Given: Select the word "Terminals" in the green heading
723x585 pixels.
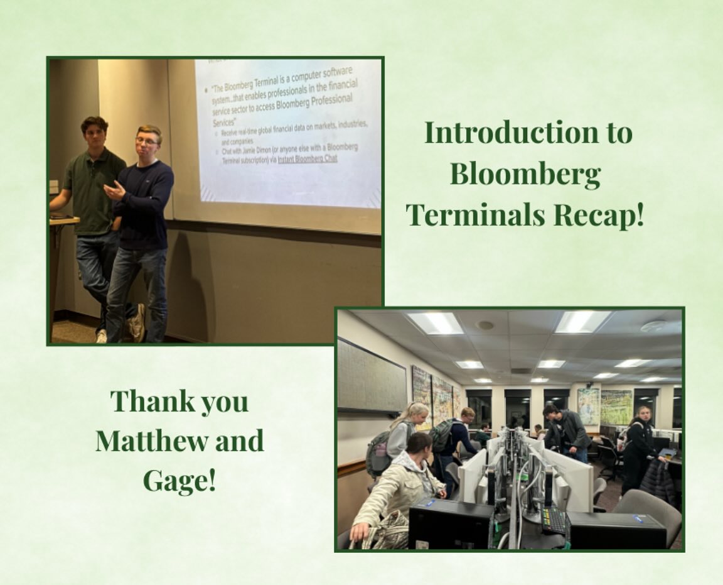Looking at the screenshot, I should pyautogui.click(x=476, y=216).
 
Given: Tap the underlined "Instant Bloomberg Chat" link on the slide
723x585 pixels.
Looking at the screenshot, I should pyautogui.click(x=307, y=159).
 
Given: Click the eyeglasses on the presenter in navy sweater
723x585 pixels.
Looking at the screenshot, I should pyautogui.click(x=146, y=141).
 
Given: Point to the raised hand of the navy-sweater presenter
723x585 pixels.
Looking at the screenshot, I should pyautogui.click(x=114, y=190).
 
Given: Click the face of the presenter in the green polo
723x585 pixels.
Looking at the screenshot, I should pyautogui.click(x=95, y=133).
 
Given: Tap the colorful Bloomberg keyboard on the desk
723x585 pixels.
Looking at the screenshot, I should pyautogui.click(x=554, y=519).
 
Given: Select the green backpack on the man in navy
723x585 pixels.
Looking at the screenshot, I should pyautogui.click(x=441, y=435).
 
